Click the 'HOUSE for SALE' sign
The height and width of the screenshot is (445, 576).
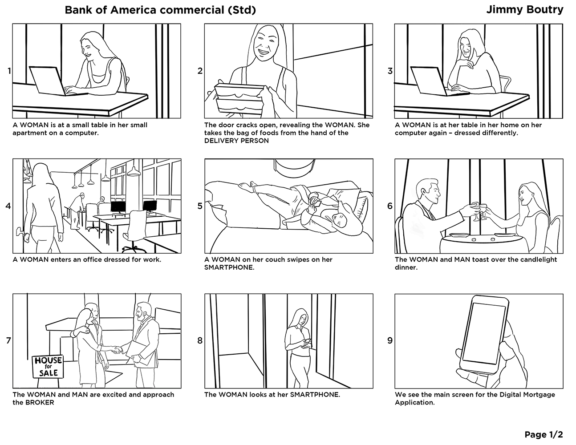coord(48,366)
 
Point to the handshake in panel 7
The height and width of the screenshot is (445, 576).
coord(117,350)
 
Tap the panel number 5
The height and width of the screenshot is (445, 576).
coord(200,206)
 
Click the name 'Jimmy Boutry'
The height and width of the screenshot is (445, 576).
coord(524,10)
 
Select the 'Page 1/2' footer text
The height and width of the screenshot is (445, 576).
coord(544,434)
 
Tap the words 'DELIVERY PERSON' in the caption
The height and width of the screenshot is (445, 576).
coord(236,141)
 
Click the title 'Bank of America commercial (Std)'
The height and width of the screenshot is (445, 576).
coord(160,10)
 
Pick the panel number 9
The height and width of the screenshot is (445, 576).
coord(390,341)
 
